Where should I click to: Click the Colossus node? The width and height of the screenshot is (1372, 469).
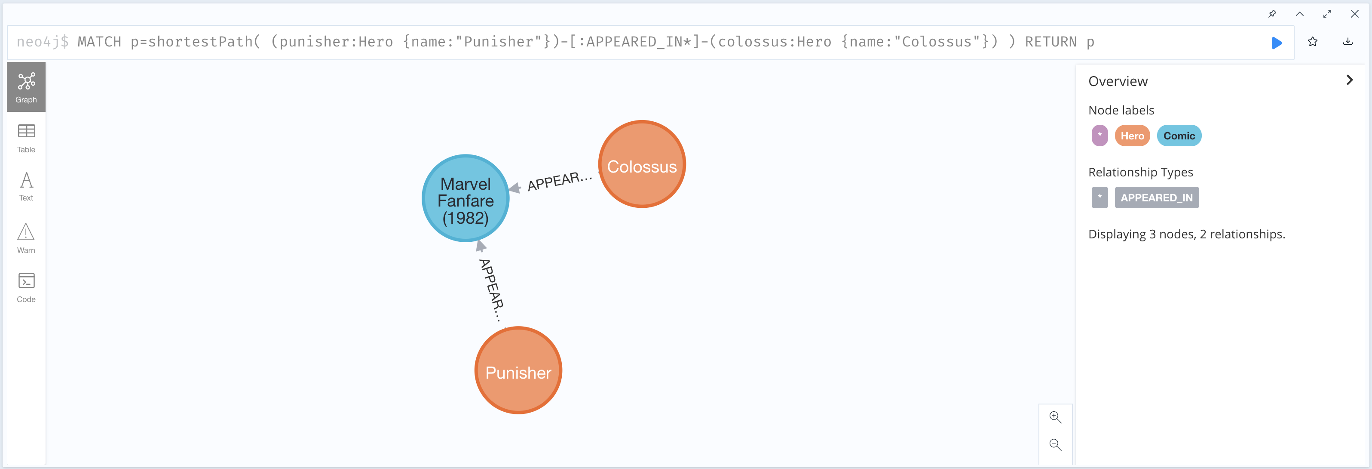[x=642, y=164]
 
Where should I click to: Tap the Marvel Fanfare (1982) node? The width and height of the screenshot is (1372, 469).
[x=465, y=198]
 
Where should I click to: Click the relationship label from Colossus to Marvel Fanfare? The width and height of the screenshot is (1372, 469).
[x=559, y=181]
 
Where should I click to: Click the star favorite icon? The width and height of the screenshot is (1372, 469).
[x=1312, y=42]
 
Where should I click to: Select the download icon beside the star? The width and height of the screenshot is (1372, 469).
[x=1347, y=42]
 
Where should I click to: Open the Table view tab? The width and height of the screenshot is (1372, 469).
[x=26, y=138]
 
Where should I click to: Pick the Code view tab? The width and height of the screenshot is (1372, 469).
[x=26, y=288]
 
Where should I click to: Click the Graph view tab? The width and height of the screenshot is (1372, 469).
[x=26, y=87]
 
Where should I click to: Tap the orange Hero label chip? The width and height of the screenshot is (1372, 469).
[x=1132, y=136]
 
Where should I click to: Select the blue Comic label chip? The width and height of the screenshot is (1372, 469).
[x=1179, y=136]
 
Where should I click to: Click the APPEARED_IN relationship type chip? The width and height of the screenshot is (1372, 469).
[x=1156, y=198]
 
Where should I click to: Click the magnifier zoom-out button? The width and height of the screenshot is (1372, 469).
[x=1055, y=444]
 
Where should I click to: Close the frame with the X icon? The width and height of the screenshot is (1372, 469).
[x=1354, y=14]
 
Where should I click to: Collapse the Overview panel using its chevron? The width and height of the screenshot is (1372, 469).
[x=1349, y=80]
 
